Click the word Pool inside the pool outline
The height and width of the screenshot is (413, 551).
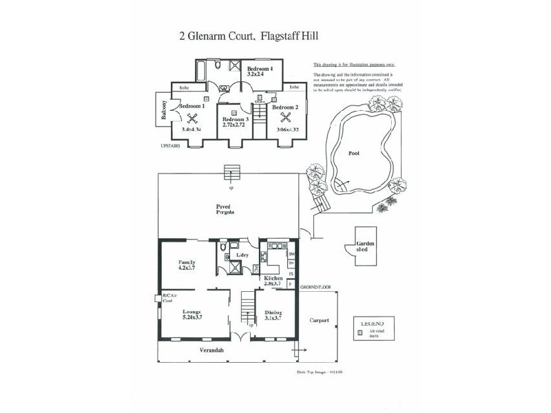[354, 153]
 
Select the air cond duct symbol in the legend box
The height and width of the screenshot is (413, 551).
[358, 332]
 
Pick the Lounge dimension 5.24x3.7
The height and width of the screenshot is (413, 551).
[191, 319]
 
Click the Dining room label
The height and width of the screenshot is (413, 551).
[273, 312]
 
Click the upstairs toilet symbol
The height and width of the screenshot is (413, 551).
[216, 66]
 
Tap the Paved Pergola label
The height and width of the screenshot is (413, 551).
[222, 209]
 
